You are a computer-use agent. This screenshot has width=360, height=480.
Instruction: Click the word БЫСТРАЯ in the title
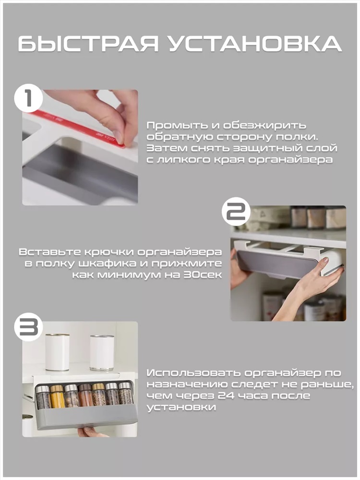[x=88, y=44]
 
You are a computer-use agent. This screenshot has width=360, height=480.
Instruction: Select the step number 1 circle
[x=28, y=98]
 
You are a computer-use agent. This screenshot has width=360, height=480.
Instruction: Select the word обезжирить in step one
[x=264, y=126]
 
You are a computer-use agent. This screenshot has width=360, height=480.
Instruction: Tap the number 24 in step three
[x=225, y=396]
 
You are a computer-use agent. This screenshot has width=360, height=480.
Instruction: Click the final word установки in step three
[x=181, y=407]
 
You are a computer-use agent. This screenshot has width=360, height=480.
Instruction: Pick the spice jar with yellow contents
[x=57, y=397]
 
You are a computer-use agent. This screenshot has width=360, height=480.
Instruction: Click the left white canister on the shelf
[x=57, y=352]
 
